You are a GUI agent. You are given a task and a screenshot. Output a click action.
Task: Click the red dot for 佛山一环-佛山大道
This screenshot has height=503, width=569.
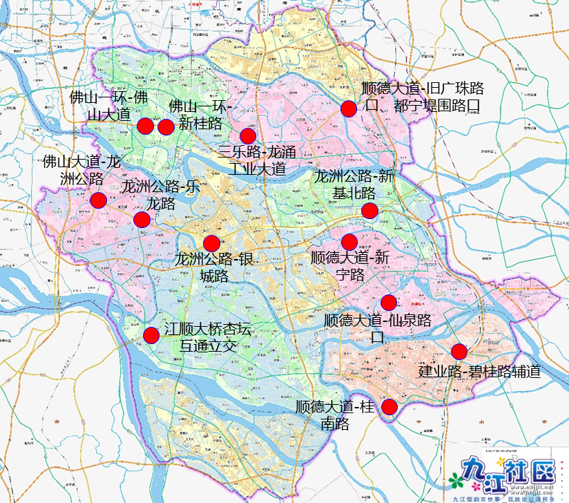coord(145,126)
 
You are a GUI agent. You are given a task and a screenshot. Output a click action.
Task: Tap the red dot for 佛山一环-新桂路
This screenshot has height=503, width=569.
coord(166,126)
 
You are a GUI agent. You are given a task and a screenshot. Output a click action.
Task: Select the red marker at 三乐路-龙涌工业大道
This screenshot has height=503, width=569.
coord(247,135)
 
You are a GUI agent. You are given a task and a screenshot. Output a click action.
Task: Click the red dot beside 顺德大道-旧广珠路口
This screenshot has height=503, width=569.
coord(349,108)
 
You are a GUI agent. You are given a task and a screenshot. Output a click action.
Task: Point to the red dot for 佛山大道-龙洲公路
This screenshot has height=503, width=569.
coord(98,200)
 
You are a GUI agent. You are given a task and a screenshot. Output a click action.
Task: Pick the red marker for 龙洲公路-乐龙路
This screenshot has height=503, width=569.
coord(142,220)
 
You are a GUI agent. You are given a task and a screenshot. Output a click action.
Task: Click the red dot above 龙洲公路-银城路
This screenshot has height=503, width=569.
coord(211,243)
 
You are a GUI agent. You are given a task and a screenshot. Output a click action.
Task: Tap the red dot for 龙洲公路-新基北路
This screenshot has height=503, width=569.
coord(369,211)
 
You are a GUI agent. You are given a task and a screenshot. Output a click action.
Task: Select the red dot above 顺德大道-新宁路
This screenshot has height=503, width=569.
coord(349,242)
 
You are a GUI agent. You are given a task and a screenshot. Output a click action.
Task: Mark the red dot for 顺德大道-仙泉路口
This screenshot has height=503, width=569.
coord(388,303)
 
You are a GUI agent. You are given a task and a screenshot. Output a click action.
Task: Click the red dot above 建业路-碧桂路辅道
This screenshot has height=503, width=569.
coord(459,351)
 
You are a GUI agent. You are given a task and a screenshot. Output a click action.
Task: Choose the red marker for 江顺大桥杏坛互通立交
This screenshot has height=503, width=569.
coord(151,335)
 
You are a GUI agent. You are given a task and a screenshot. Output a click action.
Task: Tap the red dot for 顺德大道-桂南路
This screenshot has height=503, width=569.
coord(390,406)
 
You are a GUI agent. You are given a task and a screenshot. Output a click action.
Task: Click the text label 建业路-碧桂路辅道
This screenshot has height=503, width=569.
coord(479,371)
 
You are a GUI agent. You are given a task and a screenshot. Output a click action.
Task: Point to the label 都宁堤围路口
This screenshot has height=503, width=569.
coord(436,106)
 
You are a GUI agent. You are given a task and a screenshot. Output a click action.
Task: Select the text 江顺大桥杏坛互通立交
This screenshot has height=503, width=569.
coord(207,337)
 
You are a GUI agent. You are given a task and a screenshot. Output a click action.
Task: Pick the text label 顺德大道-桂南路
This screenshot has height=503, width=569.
coord(334,415)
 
